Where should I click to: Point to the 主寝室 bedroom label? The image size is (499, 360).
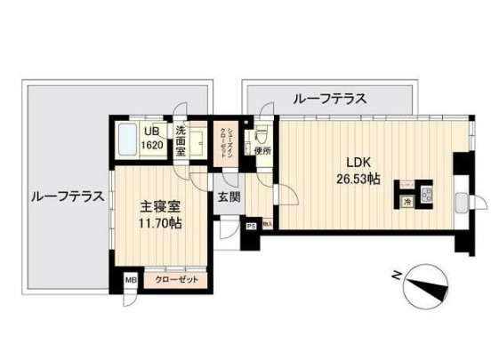point(160,206)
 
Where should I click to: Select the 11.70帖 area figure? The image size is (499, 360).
point(160,224)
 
